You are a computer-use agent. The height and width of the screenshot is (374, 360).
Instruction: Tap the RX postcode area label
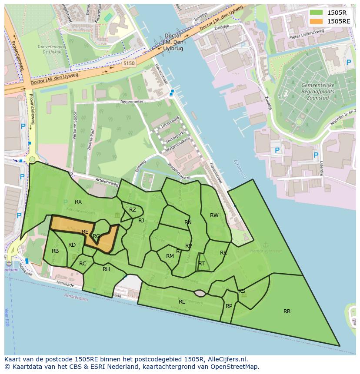(78, 202)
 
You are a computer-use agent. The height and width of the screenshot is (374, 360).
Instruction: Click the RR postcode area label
(287, 311)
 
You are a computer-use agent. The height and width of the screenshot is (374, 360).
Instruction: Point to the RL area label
(182, 301)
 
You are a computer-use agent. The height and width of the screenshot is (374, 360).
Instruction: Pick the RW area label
(214, 215)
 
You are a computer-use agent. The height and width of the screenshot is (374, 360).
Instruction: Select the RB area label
(55, 251)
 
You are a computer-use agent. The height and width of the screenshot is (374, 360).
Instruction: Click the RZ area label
(133, 210)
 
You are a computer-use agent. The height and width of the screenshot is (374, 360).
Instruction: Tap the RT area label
(201, 264)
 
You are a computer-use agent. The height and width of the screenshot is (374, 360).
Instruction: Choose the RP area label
(229, 306)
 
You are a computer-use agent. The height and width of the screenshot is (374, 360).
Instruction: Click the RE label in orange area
(85, 232)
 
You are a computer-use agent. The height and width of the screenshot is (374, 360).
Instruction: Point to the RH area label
(106, 269)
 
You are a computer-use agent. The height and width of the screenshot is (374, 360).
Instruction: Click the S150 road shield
(129, 63)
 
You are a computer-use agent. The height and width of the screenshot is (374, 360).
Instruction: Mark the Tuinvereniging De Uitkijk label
(52, 49)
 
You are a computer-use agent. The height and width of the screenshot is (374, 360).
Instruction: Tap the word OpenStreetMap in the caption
(233, 367)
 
